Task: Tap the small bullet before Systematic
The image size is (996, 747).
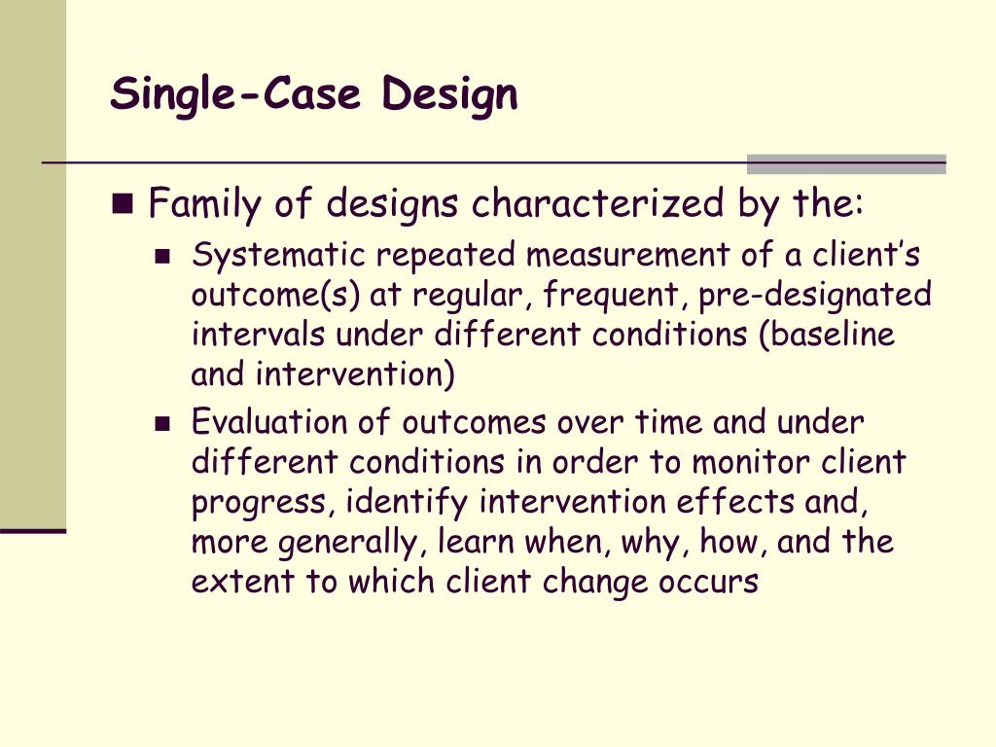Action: pyautogui.click(x=162, y=258)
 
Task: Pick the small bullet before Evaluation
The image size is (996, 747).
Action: pyautogui.click(x=162, y=424)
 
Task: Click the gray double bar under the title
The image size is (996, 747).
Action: pyautogui.click(x=846, y=164)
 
